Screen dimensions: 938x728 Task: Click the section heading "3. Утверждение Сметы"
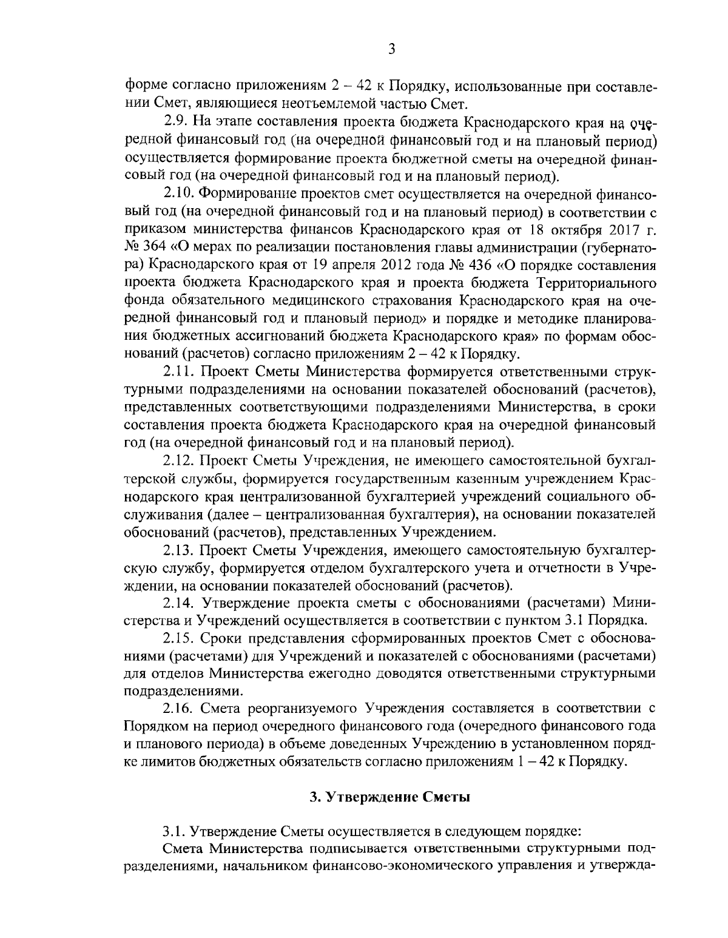(390, 797)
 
